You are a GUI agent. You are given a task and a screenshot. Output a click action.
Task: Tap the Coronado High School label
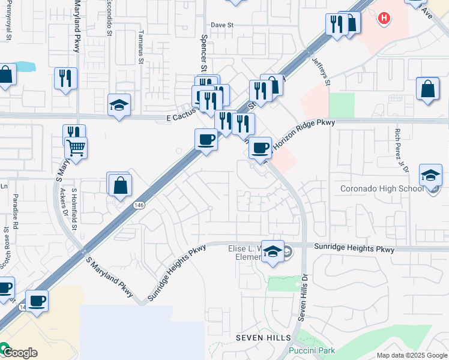[382, 188]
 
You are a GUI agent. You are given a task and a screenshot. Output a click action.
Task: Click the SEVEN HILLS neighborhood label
[263, 338]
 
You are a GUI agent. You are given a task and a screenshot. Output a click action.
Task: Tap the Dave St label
[221, 25]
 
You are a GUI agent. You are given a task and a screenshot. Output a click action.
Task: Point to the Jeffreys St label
[321, 71]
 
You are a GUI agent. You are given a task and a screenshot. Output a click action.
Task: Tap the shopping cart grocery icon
[76, 146]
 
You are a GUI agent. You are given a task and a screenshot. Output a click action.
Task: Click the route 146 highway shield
[139, 205]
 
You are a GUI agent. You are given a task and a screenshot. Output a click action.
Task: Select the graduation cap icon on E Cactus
[119, 106]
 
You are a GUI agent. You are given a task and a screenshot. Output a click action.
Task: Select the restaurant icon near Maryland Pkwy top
[65, 78]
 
